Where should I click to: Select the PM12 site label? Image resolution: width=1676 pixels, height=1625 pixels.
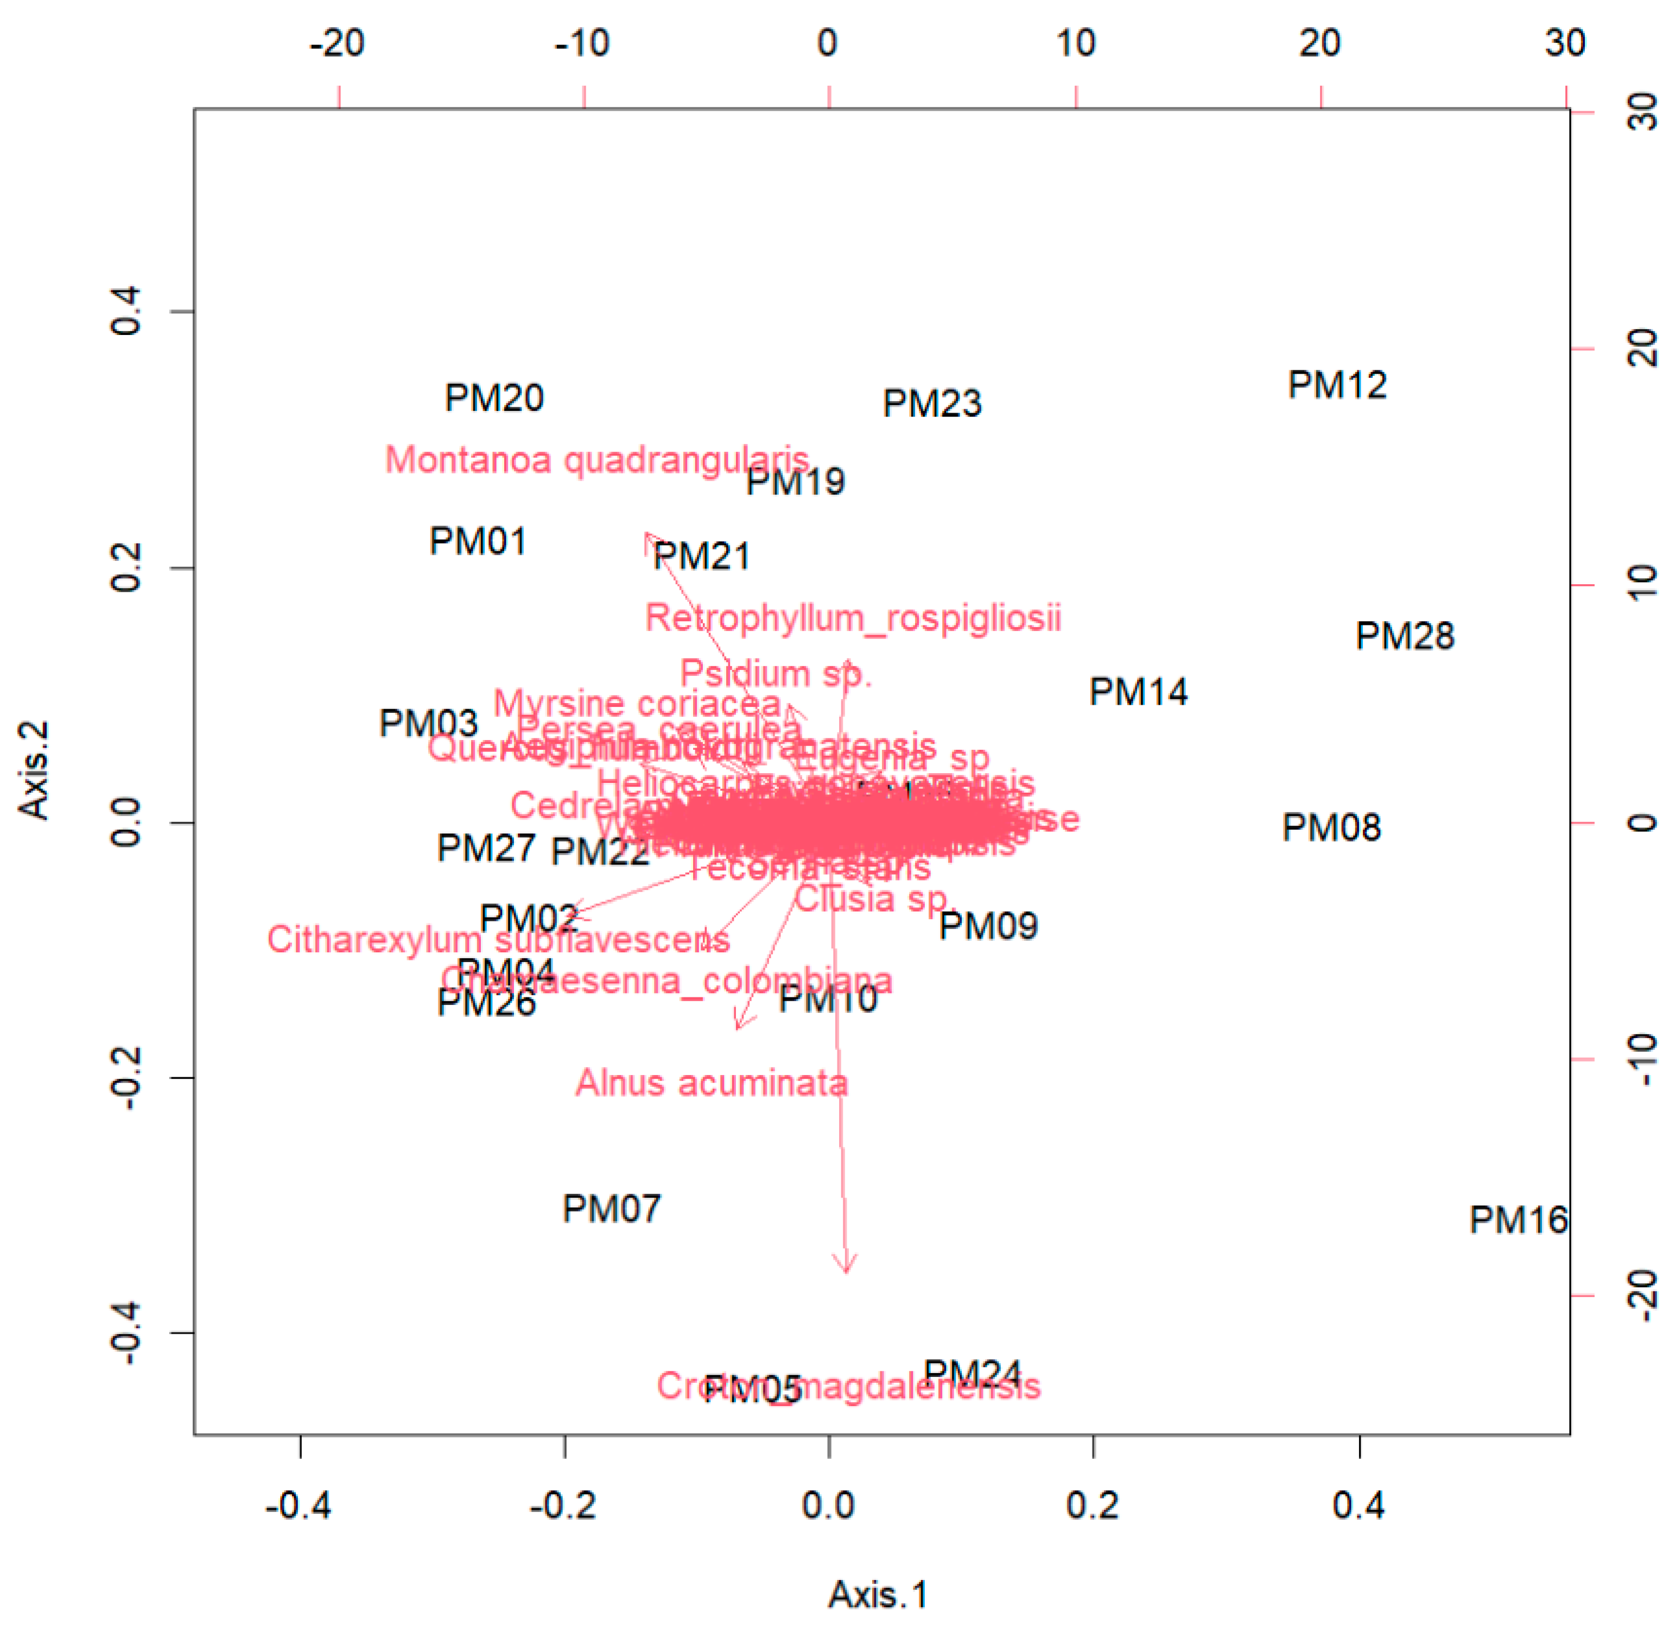tap(1337, 385)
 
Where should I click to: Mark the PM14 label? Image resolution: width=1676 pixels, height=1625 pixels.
tap(1138, 692)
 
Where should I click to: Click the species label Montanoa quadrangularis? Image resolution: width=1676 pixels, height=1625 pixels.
tap(597, 460)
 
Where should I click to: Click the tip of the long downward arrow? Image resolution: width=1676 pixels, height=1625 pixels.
tap(847, 1272)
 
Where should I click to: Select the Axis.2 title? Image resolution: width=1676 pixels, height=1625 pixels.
tap(34, 770)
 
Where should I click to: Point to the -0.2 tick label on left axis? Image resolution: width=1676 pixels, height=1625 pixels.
tap(126, 1078)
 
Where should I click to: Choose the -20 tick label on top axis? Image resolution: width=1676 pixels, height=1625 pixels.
tap(338, 43)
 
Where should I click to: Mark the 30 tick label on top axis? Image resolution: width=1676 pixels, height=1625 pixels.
tap(1565, 43)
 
